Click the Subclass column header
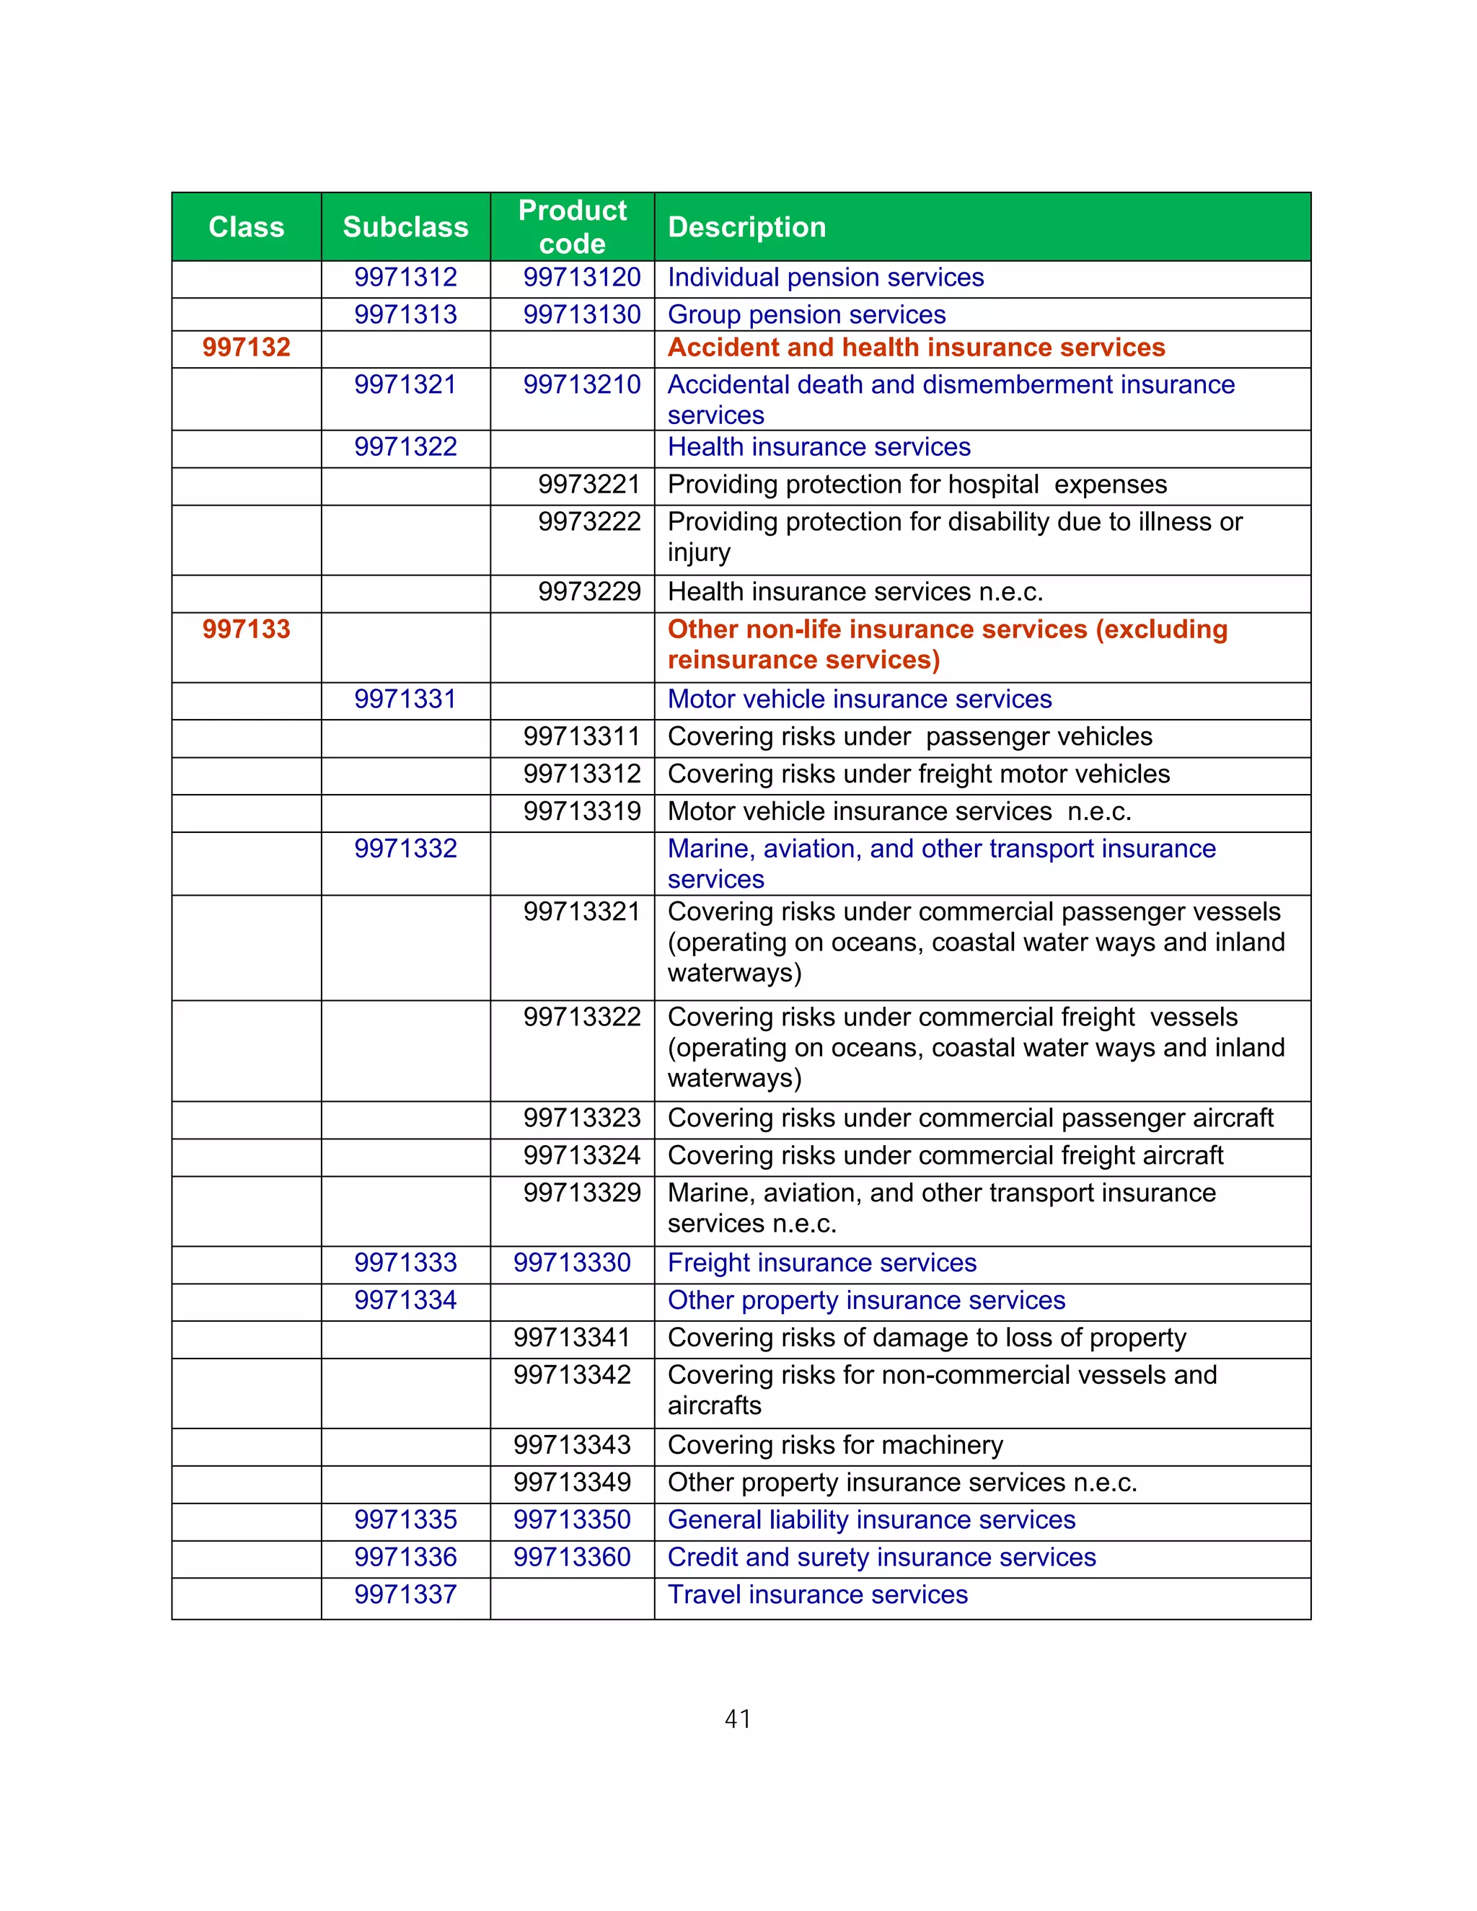pyautogui.click(x=405, y=226)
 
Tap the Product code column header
pyautogui.click(x=572, y=226)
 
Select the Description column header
pyautogui.click(x=746, y=226)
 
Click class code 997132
pyautogui.click(x=246, y=348)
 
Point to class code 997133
pyautogui.click(x=246, y=629)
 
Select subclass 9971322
pyautogui.click(x=405, y=447)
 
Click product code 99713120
pyautogui.click(x=582, y=278)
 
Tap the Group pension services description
pyautogui.click(x=806, y=315)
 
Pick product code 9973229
pyautogui.click(x=589, y=592)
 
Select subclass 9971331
pyautogui.click(x=405, y=699)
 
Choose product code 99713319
pyautogui.click(x=582, y=811)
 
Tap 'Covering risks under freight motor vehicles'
pyautogui.click(x=919, y=774)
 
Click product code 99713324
pyautogui.click(x=582, y=1156)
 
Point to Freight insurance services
pyautogui.click(x=821, y=1263)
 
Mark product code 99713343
pyautogui.click(x=572, y=1445)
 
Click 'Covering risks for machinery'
pyautogui.click(x=834, y=1445)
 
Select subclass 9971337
pyautogui.click(x=405, y=1595)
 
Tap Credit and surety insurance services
pyautogui.click(x=881, y=1558)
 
